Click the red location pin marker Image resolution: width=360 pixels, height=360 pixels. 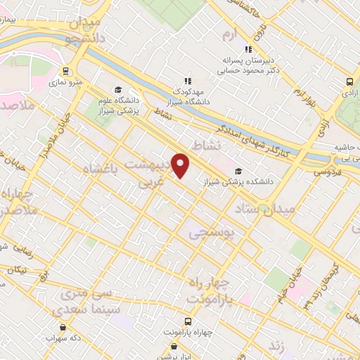click(x=181, y=165)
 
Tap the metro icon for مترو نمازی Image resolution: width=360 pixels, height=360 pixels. click(x=65, y=71)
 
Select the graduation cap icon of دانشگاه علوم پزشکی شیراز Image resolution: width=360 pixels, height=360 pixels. click(x=118, y=89)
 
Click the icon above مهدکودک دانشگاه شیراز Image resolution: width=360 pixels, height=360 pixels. click(x=187, y=80)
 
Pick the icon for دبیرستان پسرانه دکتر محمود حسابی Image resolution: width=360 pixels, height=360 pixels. click(x=247, y=49)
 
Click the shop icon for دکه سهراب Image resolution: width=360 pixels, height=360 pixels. click(x=64, y=326)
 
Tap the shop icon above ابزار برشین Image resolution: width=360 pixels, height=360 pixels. click(x=175, y=346)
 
